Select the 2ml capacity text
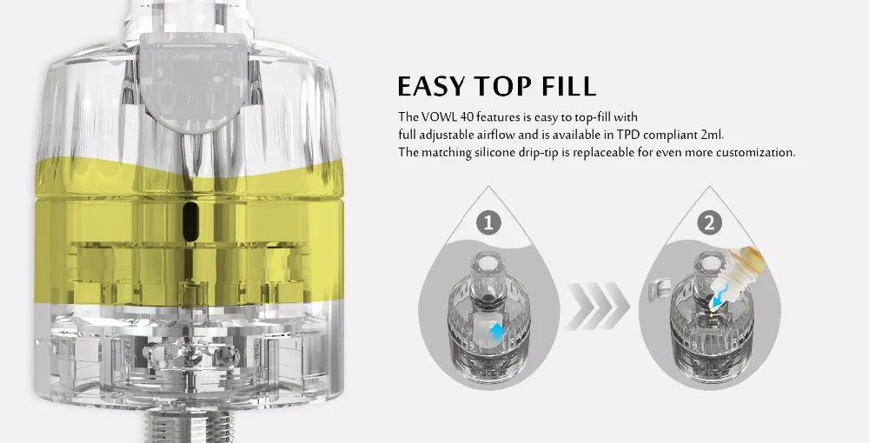(x=711, y=135)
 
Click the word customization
(x=755, y=152)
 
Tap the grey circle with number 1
(x=489, y=222)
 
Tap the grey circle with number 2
(x=712, y=222)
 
